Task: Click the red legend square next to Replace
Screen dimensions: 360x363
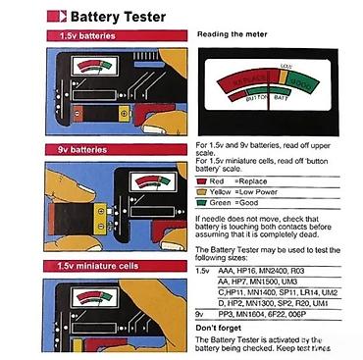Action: (202, 180)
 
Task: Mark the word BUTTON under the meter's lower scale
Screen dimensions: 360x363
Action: (258, 100)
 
